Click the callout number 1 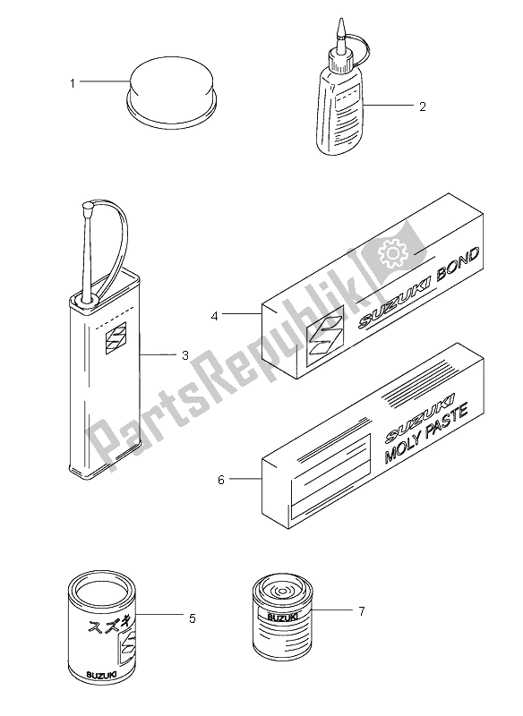73,83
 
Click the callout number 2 423,107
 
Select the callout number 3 185,354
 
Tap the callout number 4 215,316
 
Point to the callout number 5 193,618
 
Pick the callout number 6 221,480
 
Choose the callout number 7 361,610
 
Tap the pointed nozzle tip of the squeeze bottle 339,21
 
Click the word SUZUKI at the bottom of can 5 100,674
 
